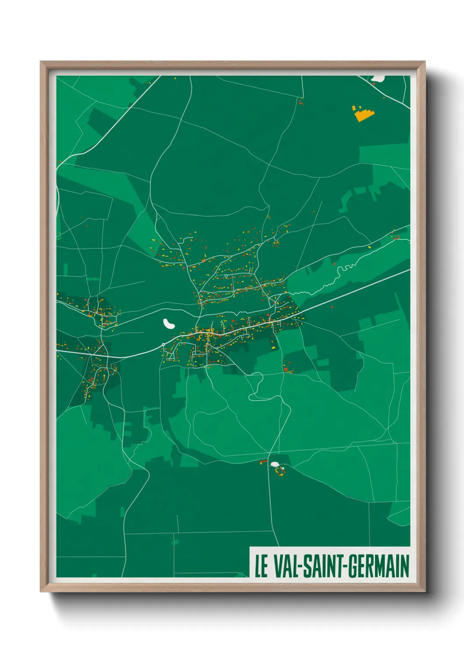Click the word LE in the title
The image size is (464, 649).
tap(261, 567)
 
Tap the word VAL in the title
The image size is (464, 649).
tap(286, 567)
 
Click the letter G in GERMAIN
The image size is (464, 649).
tap(353, 567)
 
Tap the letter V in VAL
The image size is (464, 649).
tap(278, 567)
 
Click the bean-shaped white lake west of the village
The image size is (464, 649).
tap(169, 324)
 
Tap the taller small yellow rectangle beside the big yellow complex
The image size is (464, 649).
tap(353, 108)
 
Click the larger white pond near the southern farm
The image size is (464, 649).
tap(275, 464)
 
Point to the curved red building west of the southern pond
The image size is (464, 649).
tap(263, 461)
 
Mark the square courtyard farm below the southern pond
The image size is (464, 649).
tap(279, 471)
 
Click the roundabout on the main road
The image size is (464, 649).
tap(164, 345)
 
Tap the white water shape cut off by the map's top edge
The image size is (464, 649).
tap(378, 78)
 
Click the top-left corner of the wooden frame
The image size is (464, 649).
tap(41, 62)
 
